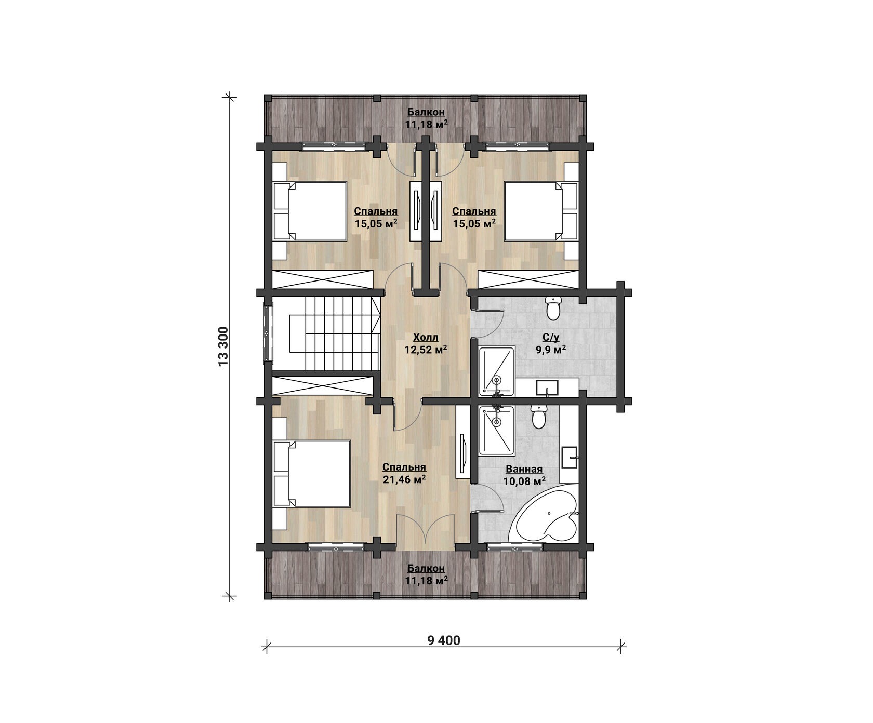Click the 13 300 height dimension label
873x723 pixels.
coord(224,346)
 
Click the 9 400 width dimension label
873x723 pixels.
coord(444,640)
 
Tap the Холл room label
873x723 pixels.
coord(426,338)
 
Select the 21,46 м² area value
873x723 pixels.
coord(404,479)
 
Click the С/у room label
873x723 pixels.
coord(551,338)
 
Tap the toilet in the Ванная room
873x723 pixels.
coord(538,417)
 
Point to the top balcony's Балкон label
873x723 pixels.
coord(426,112)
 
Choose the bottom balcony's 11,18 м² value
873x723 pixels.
coord(426,581)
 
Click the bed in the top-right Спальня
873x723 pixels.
coord(541,211)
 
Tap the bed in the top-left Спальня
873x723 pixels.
coord(310,211)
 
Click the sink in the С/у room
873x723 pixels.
coord(547,387)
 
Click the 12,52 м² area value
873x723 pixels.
coord(426,350)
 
